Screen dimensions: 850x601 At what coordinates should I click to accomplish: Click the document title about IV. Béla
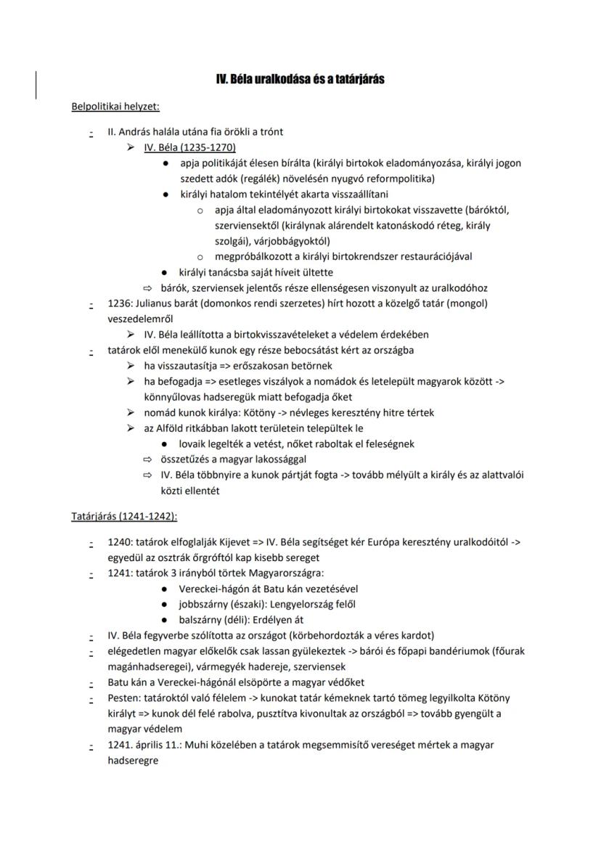click(300, 79)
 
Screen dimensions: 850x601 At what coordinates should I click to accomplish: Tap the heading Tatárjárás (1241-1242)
click(124, 516)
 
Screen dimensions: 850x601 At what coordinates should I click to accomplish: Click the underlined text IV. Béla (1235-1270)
click(184, 147)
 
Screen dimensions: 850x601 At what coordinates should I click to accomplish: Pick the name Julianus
click(159, 303)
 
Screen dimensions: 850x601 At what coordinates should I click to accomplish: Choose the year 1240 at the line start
click(119, 542)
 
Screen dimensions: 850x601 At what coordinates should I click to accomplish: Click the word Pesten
click(123, 698)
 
